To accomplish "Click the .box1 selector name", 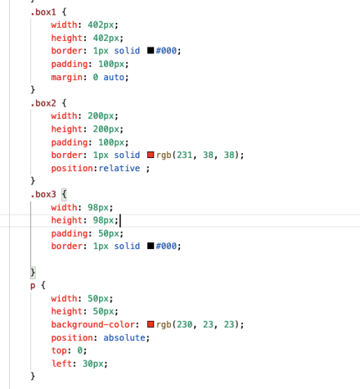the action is click(43, 12).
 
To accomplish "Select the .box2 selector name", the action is click(43, 103).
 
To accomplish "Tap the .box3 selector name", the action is click(43, 194).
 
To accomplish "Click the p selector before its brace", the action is click(33, 286).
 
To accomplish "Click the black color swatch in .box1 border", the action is click(151, 51).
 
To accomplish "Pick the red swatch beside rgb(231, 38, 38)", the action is click(151, 155).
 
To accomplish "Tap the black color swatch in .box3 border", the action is click(151, 246).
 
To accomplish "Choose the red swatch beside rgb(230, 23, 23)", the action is click(151, 324).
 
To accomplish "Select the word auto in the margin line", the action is click(114, 77).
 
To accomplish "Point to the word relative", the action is click(119, 168).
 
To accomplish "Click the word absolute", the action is click(124, 337).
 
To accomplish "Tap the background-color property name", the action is click(93, 324).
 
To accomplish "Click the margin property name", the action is click(67, 77).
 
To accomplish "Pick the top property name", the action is click(59, 351).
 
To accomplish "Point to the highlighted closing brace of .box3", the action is click(33, 272).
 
